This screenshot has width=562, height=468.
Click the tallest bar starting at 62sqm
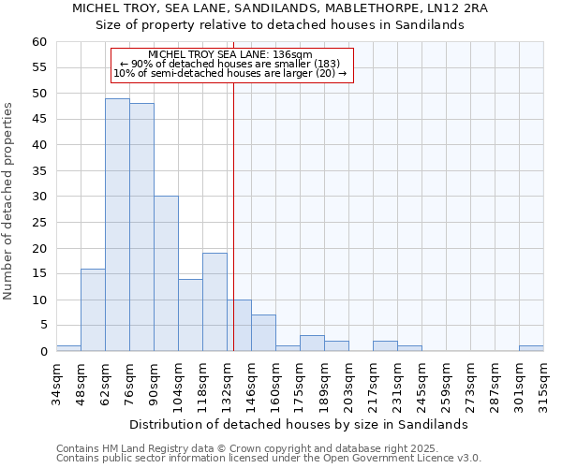tap(117, 225)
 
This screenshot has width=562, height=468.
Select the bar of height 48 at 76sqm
tap(141, 227)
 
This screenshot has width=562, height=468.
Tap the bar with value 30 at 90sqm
tap(166, 273)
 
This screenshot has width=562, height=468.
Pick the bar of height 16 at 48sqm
tap(93, 310)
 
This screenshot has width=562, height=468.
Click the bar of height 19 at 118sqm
tap(214, 302)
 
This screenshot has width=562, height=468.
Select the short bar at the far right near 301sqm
tap(531, 348)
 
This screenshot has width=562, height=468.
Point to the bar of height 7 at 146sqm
tap(263, 333)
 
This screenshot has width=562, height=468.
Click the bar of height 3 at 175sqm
tap(312, 344)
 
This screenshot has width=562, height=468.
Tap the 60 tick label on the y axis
tap(38, 42)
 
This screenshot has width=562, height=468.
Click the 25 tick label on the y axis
tap(38, 223)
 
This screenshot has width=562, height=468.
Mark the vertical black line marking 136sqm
tap(233, 215)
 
